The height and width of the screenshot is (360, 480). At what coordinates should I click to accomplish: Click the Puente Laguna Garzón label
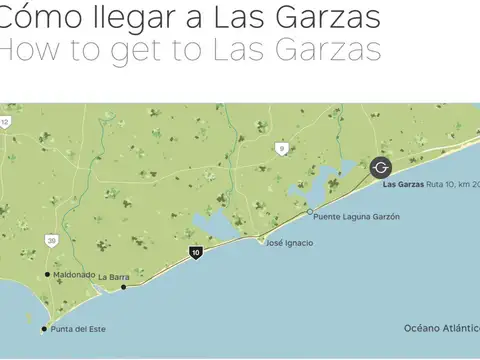click(x=350, y=215)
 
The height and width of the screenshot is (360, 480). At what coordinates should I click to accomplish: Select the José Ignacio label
click(x=289, y=243)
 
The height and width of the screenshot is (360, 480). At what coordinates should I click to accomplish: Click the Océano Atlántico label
click(x=441, y=328)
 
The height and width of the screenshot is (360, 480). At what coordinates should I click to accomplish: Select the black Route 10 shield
click(x=196, y=254)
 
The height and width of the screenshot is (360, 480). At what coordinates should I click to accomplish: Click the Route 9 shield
click(x=282, y=148)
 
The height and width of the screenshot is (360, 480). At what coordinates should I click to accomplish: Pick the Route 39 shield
click(x=51, y=240)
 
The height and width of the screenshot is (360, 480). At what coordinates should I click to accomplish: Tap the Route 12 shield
click(x=5, y=122)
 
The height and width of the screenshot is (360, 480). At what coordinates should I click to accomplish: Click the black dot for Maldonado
click(x=47, y=274)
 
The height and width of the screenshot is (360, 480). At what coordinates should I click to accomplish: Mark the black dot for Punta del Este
click(x=44, y=328)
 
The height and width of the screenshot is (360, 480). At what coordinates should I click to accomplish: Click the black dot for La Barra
click(x=124, y=287)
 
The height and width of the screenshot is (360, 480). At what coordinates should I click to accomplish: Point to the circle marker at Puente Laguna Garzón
click(x=307, y=215)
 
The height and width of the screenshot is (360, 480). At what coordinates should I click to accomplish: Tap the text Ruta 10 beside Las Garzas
click(x=443, y=185)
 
